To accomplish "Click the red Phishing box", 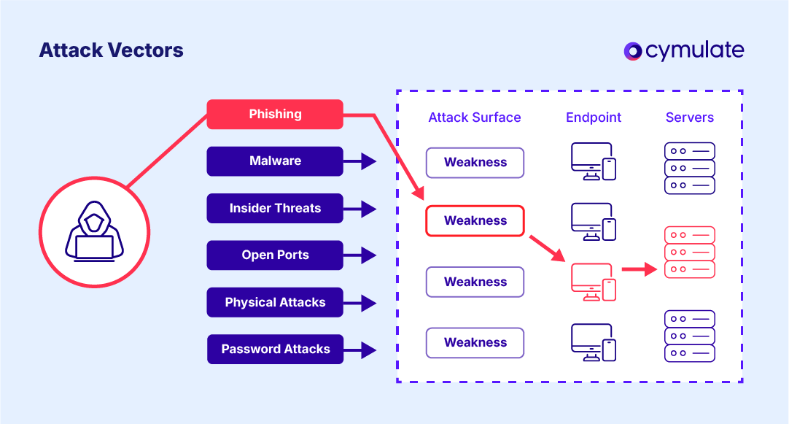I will coord(275,114).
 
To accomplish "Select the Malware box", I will coord(275,161).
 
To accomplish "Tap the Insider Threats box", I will coord(275,208).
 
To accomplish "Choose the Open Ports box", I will coord(275,255).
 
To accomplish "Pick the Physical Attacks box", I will coord(275,302).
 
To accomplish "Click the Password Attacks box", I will coord(275,349).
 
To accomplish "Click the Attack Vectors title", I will coord(111,50).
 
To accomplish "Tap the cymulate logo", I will coord(684,50).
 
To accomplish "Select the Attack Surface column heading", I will coord(475,117).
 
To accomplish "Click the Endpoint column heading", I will coord(594,117).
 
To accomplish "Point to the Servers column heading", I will coord(689,117).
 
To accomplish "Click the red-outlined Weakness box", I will coord(475,220).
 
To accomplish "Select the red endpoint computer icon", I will coord(593,281).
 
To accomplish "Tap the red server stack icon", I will coord(689,253).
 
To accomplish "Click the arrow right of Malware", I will coord(359,161).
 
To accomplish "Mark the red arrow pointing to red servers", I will coord(640,269).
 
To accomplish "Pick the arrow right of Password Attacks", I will coord(359,350).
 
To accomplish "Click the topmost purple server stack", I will coord(689,168).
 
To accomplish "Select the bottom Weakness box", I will coord(475,342).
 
